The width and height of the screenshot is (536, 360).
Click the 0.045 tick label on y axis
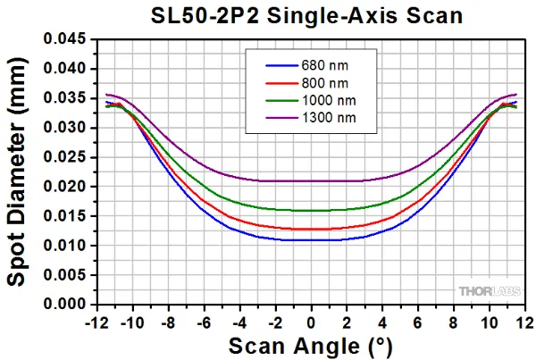(x=65, y=39)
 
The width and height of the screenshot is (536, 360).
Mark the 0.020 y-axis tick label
(x=65, y=187)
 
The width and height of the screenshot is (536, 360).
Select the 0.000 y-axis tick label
(x=65, y=305)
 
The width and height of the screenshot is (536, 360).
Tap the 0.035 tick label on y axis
(x=65, y=98)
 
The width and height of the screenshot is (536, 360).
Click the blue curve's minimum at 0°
(x=311, y=240)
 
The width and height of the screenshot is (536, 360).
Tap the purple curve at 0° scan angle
(x=311, y=181)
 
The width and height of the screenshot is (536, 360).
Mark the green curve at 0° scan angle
(x=311, y=211)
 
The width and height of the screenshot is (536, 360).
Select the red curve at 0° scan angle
(x=311, y=230)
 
